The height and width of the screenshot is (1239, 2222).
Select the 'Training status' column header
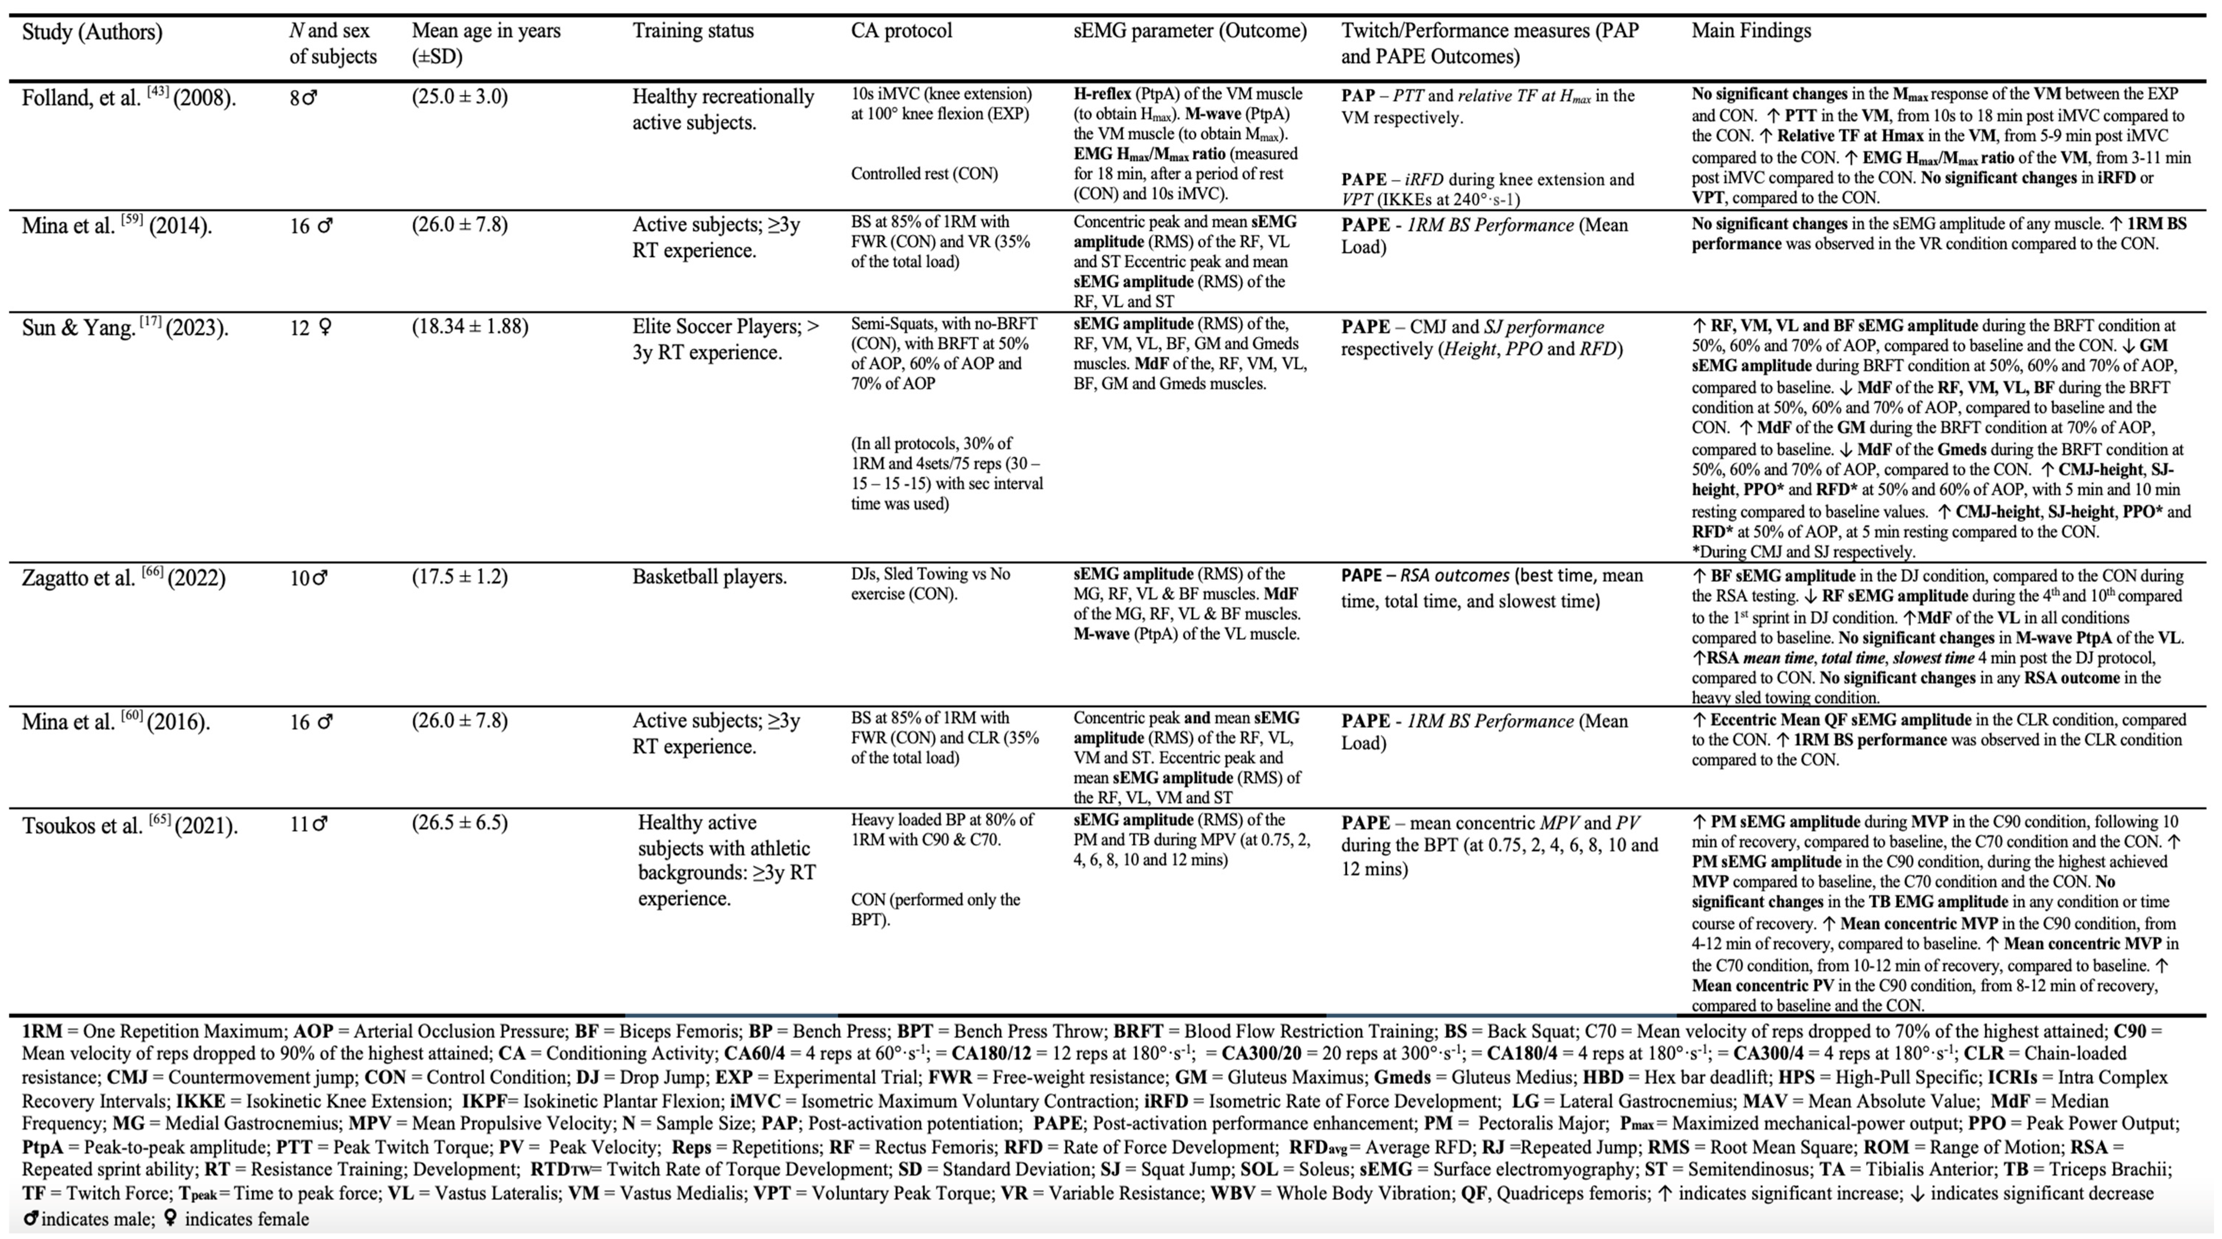[693, 31]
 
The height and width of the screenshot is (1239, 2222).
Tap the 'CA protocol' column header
[901, 31]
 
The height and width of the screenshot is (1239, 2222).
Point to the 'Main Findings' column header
[1751, 31]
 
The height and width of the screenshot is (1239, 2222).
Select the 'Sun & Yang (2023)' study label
[125, 328]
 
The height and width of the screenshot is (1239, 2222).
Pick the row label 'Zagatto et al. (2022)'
[123, 577]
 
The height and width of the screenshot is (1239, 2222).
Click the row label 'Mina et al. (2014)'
[116, 226]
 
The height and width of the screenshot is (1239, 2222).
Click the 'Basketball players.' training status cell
[709, 576]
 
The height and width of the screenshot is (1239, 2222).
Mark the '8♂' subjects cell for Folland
[303, 97]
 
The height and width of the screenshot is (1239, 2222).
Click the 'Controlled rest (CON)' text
[924, 174]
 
